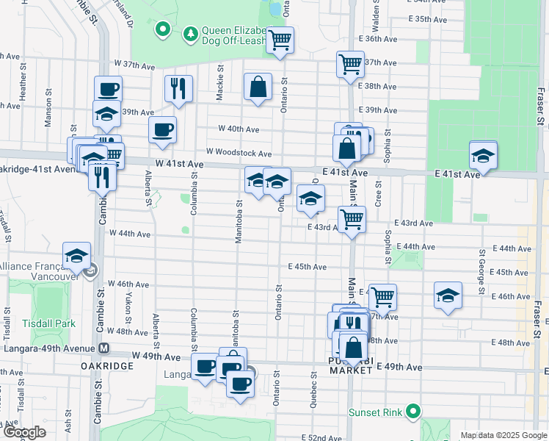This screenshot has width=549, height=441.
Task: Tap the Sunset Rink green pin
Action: [x=413, y=412]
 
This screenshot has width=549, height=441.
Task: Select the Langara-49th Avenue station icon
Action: [x=104, y=348]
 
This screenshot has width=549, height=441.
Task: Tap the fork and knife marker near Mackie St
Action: [x=178, y=89]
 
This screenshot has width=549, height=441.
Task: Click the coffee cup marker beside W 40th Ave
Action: [x=162, y=130]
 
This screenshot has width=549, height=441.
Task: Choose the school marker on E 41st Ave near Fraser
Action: [x=483, y=155]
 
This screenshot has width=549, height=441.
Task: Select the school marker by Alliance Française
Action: [x=76, y=256]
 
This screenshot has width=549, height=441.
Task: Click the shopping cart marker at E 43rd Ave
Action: [x=352, y=218]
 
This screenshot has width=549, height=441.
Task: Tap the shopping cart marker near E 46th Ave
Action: [x=382, y=297]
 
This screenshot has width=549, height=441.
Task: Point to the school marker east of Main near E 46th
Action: [x=448, y=295]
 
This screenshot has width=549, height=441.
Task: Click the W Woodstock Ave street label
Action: [x=239, y=153]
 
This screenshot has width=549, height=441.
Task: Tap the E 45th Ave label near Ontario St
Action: [x=307, y=267]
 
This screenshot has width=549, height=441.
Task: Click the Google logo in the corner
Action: [x=24, y=433]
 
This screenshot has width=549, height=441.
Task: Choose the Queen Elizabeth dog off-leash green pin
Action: [x=162, y=30]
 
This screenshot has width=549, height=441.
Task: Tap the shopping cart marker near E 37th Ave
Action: [x=350, y=64]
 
